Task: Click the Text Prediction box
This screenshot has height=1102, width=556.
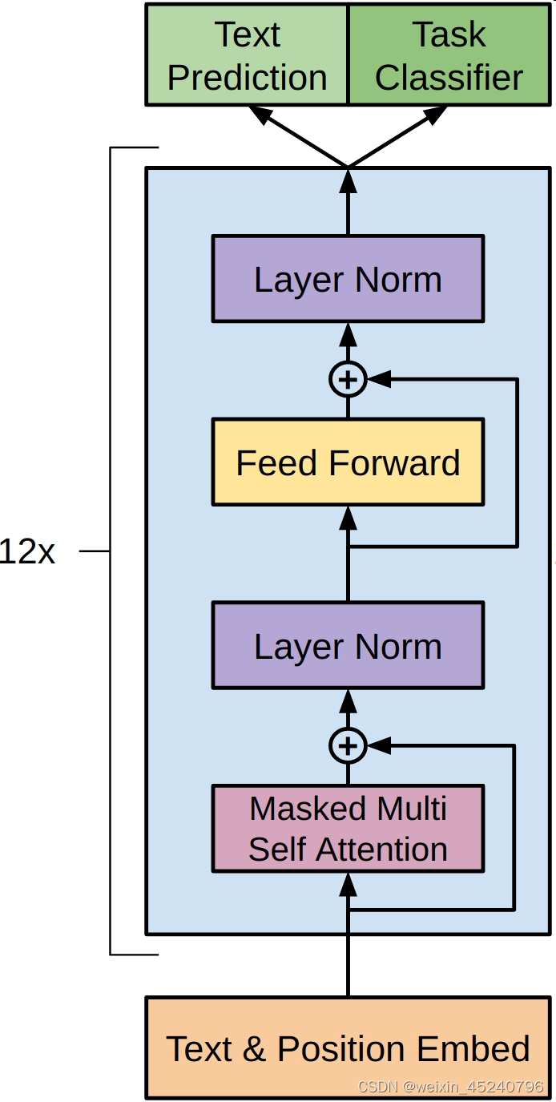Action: click(247, 55)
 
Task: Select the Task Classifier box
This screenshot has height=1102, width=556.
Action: click(449, 55)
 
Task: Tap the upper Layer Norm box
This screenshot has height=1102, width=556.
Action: click(348, 279)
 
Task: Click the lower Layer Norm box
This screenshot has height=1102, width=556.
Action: click(348, 646)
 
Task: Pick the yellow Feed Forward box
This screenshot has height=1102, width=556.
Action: click(348, 462)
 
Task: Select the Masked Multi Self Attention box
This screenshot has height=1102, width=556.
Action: click(348, 829)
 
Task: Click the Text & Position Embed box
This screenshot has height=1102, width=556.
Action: click(348, 1048)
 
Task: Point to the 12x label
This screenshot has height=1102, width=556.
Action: click(27, 552)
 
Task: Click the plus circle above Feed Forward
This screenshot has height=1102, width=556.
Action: click(348, 379)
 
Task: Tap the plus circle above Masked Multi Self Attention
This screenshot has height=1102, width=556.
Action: click(348, 746)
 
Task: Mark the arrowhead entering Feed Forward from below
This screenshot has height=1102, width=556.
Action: click(348, 518)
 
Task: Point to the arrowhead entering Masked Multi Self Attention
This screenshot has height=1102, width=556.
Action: click(348, 885)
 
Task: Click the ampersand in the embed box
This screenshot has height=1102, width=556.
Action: click(254, 1048)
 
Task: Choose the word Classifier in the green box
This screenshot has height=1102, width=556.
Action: click(449, 78)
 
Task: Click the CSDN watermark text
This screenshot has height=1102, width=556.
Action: click(450, 1087)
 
